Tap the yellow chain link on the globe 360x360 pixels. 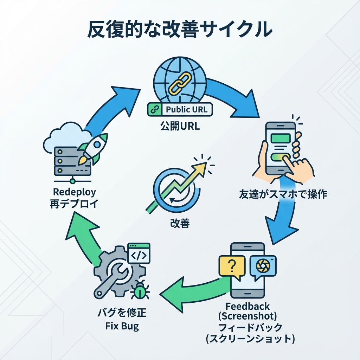[180, 82]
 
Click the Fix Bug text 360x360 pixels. [122, 326]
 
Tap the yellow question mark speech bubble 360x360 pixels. [232, 266]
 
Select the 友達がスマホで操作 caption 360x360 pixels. [283, 194]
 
